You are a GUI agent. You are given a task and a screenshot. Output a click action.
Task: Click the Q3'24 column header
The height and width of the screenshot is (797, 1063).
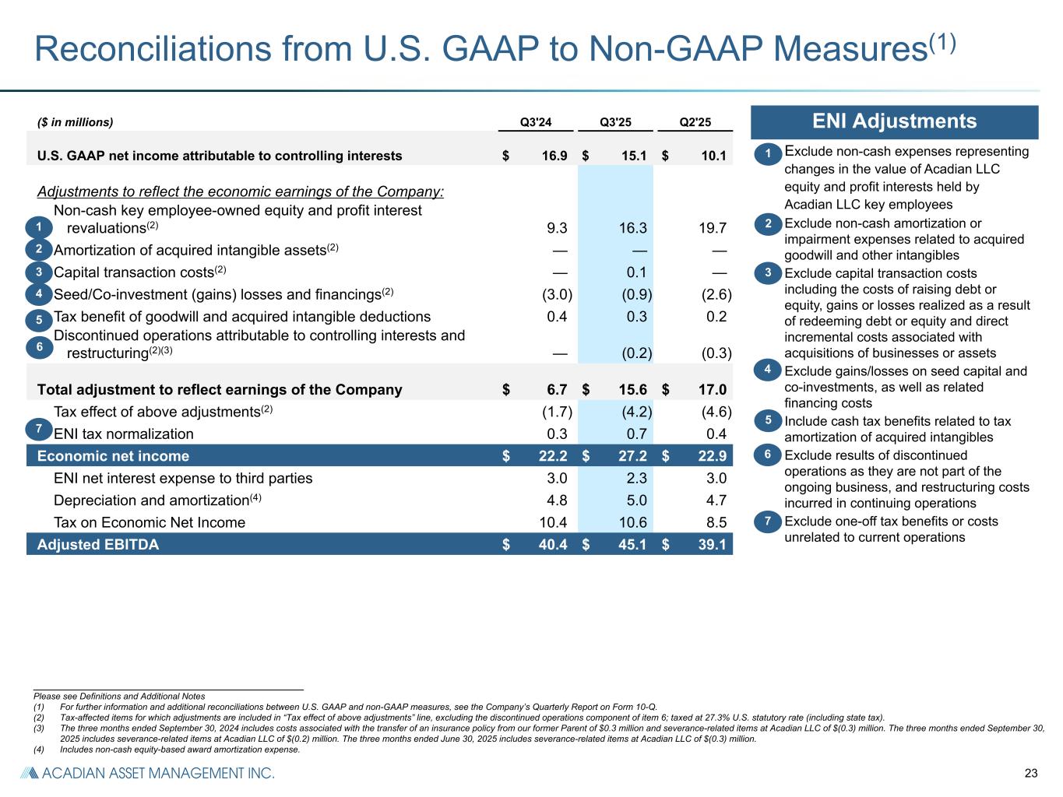click(535, 122)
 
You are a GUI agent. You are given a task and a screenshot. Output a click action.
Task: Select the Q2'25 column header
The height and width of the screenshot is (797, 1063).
click(695, 122)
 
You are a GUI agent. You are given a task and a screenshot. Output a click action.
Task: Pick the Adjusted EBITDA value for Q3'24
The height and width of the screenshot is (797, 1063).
click(552, 545)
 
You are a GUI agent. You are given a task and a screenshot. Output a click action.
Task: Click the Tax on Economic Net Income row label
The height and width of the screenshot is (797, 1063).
click(150, 523)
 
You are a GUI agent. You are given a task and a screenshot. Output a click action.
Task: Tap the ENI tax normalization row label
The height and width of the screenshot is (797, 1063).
click(123, 434)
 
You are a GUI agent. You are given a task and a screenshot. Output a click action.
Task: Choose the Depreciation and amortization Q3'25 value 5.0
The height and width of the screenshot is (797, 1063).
click(636, 500)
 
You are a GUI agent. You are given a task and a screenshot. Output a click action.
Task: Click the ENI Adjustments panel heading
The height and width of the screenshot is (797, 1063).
click(894, 122)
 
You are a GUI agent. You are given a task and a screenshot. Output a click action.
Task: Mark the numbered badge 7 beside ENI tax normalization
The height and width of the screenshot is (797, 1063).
click(38, 428)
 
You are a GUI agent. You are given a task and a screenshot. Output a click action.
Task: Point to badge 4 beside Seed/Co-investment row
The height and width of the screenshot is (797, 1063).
click(38, 294)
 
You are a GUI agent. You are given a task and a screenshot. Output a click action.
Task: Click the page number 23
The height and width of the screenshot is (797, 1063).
click(1031, 773)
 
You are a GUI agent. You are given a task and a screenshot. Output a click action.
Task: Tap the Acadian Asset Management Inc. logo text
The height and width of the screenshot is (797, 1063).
click(147, 773)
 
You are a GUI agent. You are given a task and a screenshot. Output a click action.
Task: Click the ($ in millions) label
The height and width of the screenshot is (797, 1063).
click(75, 122)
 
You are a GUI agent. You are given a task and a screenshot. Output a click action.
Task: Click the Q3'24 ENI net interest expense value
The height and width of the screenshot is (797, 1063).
click(557, 479)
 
